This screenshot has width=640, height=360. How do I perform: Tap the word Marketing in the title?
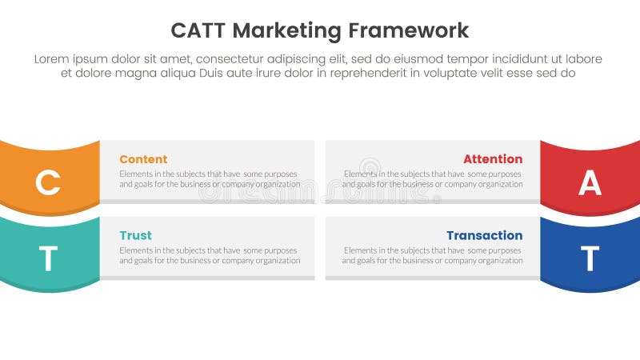tap(284, 31)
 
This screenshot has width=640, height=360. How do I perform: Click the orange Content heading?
tap(143, 159)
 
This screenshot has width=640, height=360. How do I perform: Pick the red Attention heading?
tap(493, 159)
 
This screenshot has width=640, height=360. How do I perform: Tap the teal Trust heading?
tap(135, 235)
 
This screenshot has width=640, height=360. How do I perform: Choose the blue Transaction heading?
tap(484, 235)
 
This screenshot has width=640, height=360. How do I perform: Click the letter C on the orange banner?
tap(48, 183)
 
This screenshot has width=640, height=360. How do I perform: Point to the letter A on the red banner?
tap(590, 183)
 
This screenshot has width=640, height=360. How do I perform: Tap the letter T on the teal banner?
tap(48, 259)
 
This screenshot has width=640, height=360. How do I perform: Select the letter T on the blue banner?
tap(590, 259)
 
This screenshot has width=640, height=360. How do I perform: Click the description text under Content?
tap(210, 178)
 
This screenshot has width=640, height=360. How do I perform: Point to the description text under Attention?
tap(432, 178)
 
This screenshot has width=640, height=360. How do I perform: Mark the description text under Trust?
tap(210, 254)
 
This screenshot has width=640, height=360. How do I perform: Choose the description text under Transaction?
tap(432, 254)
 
